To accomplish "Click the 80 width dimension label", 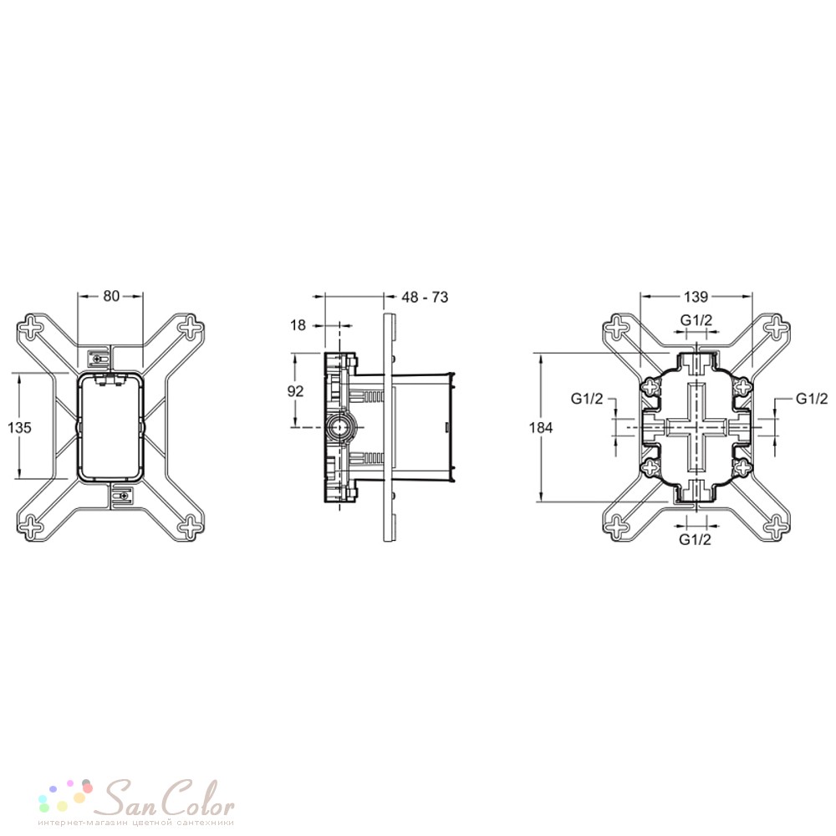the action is click(x=111, y=296).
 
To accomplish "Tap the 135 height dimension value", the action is click(x=20, y=427).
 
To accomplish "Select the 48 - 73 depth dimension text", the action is click(x=425, y=297).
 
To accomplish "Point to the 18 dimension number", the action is click(x=298, y=324).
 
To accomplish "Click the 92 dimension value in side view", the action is click(x=295, y=390).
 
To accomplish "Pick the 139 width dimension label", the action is click(x=696, y=297).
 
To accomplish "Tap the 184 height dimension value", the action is click(x=541, y=427).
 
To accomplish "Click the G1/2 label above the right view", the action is click(x=696, y=320).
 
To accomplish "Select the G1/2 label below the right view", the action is click(x=695, y=539).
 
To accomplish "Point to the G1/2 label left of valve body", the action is click(x=587, y=398).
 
